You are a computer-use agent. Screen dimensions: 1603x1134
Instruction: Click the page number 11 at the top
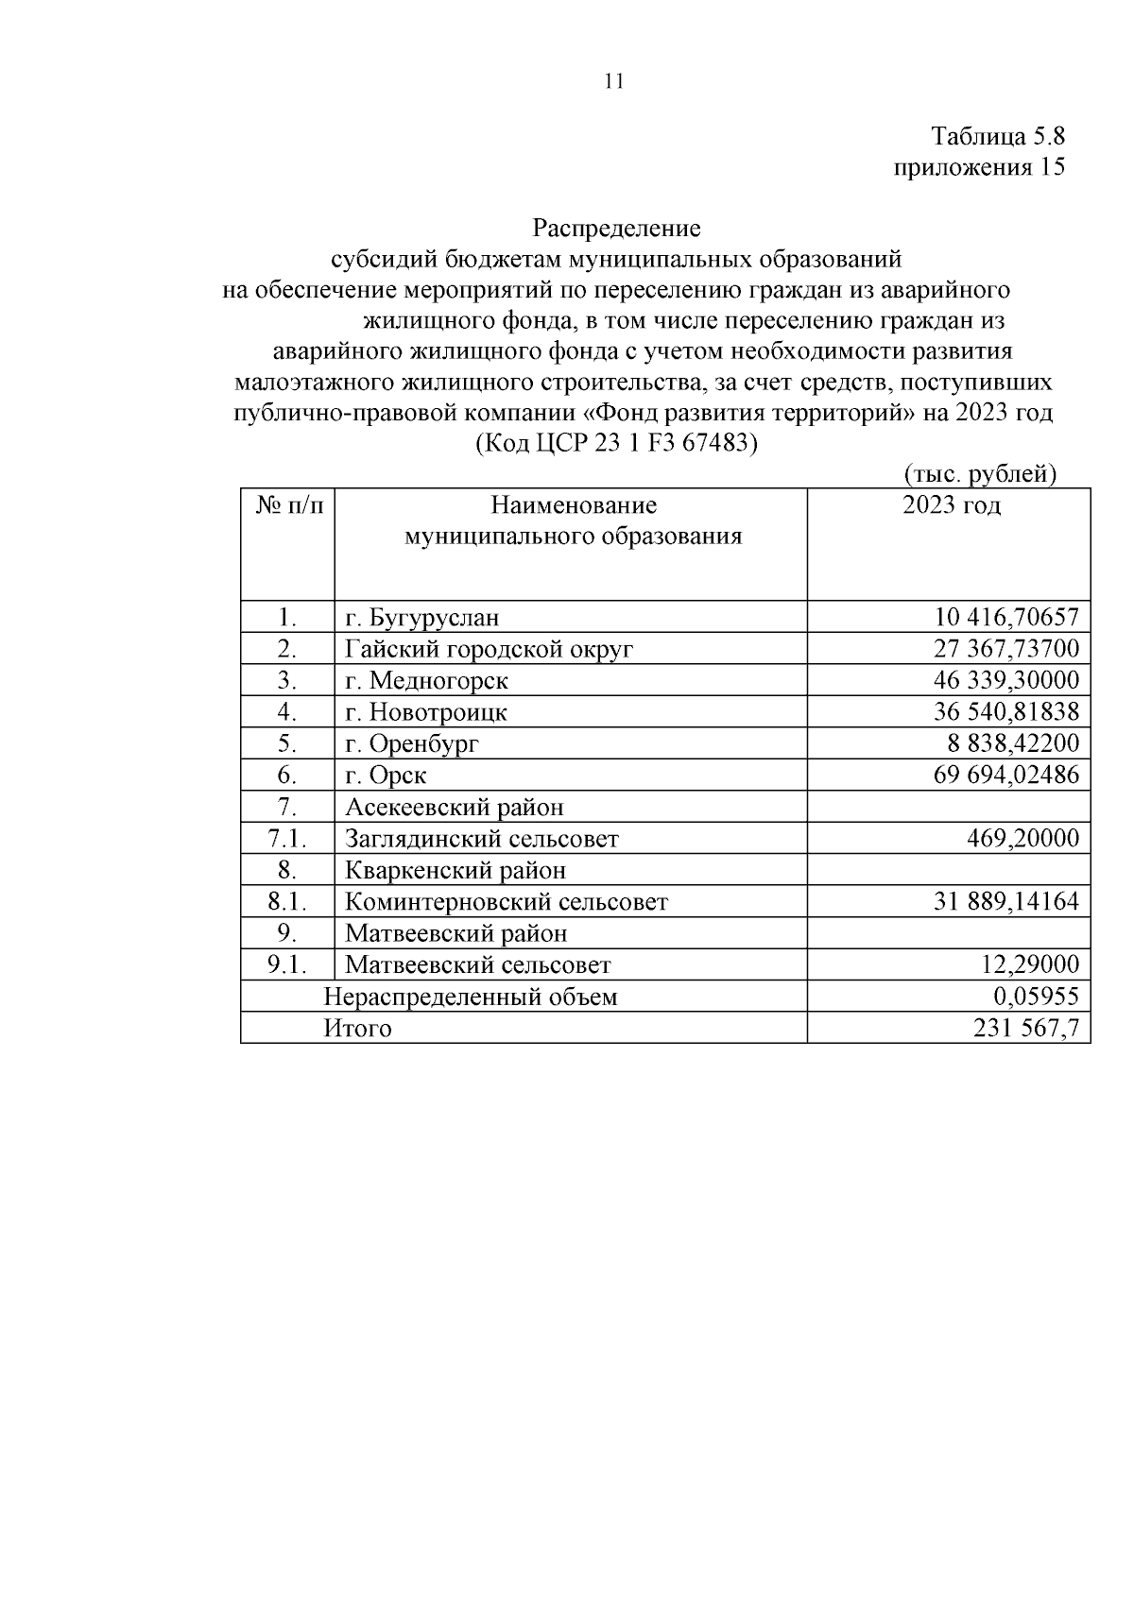click(x=612, y=81)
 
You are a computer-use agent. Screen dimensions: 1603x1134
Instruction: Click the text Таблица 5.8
click(x=998, y=136)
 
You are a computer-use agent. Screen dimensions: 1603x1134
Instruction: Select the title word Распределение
click(x=616, y=229)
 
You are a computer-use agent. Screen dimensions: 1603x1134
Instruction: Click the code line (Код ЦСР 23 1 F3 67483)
click(x=616, y=442)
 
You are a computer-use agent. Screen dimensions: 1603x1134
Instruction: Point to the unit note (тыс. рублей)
click(x=979, y=473)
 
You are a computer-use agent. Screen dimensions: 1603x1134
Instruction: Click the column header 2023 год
click(x=951, y=504)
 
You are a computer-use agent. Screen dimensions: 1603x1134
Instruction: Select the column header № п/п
click(x=288, y=504)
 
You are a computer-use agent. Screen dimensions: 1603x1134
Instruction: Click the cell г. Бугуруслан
click(x=421, y=618)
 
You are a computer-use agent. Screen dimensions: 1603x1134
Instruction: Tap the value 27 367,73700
click(x=1005, y=649)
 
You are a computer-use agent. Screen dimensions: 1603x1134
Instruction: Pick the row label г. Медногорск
click(x=426, y=680)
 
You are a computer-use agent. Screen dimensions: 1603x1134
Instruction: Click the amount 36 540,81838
click(x=1005, y=711)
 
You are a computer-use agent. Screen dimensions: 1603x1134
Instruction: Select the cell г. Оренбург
click(x=412, y=743)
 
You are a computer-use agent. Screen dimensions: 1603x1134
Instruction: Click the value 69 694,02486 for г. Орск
click(x=1005, y=776)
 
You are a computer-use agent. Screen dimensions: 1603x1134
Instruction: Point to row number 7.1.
click(x=288, y=838)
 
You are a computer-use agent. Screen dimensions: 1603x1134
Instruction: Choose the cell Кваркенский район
click(x=455, y=870)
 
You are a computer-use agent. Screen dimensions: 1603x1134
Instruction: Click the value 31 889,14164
click(x=1005, y=901)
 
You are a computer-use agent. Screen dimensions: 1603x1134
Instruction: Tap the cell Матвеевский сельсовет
click(x=478, y=964)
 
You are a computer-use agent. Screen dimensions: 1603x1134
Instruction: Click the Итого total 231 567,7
click(x=1026, y=1028)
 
